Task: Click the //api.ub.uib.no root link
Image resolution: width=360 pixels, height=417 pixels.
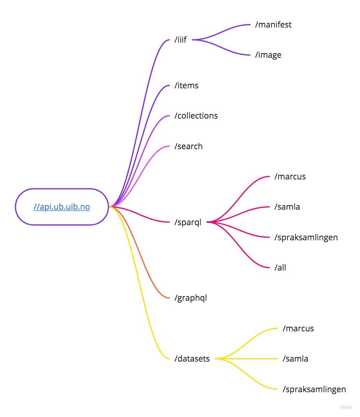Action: coord(62,207)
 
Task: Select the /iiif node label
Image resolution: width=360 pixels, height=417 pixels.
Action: coord(181,40)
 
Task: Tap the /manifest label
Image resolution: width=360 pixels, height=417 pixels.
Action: coord(273,25)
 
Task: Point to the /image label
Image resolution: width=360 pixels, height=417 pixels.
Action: coord(268,55)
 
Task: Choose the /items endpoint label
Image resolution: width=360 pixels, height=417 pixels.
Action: coord(187,85)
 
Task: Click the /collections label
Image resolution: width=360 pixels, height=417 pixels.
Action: coord(196,115)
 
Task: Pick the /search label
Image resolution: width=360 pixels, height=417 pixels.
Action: coord(189,146)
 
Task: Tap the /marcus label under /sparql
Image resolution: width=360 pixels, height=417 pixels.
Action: coord(290,177)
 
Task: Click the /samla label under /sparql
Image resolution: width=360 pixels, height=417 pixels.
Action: coord(287,207)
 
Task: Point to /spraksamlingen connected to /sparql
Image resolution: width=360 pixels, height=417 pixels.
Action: coord(306,237)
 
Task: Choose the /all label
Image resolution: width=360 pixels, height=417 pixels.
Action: coord(280,267)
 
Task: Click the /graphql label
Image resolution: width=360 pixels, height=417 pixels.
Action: coord(190,298)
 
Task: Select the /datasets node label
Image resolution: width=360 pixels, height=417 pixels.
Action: coord(192,359)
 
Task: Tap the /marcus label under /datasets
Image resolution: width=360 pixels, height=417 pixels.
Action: coord(298,329)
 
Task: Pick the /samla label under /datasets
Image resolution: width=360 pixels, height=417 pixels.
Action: coord(295,359)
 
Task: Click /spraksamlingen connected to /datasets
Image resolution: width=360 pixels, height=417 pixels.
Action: coord(314,389)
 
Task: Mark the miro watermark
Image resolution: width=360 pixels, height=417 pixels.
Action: coord(346,407)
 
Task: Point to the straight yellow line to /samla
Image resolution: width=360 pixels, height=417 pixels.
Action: coord(248,359)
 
